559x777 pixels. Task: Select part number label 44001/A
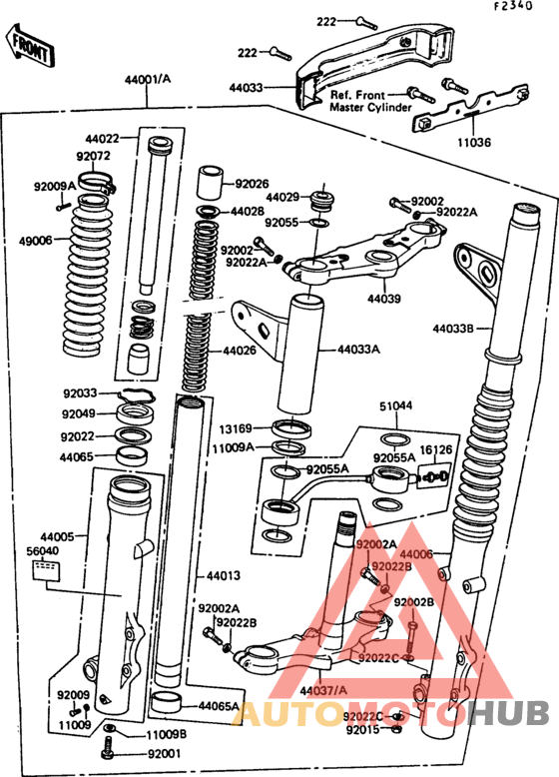tap(148, 79)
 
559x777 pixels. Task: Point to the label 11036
tap(474, 143)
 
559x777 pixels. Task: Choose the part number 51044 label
tap(395, 406)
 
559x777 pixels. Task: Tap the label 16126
tap(434, 450)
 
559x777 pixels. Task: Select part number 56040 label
tap(43, 550)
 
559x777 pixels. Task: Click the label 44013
tap(225, 576)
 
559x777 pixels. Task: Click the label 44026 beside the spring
tap(240, 351)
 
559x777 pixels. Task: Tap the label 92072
tap(93, 157)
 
